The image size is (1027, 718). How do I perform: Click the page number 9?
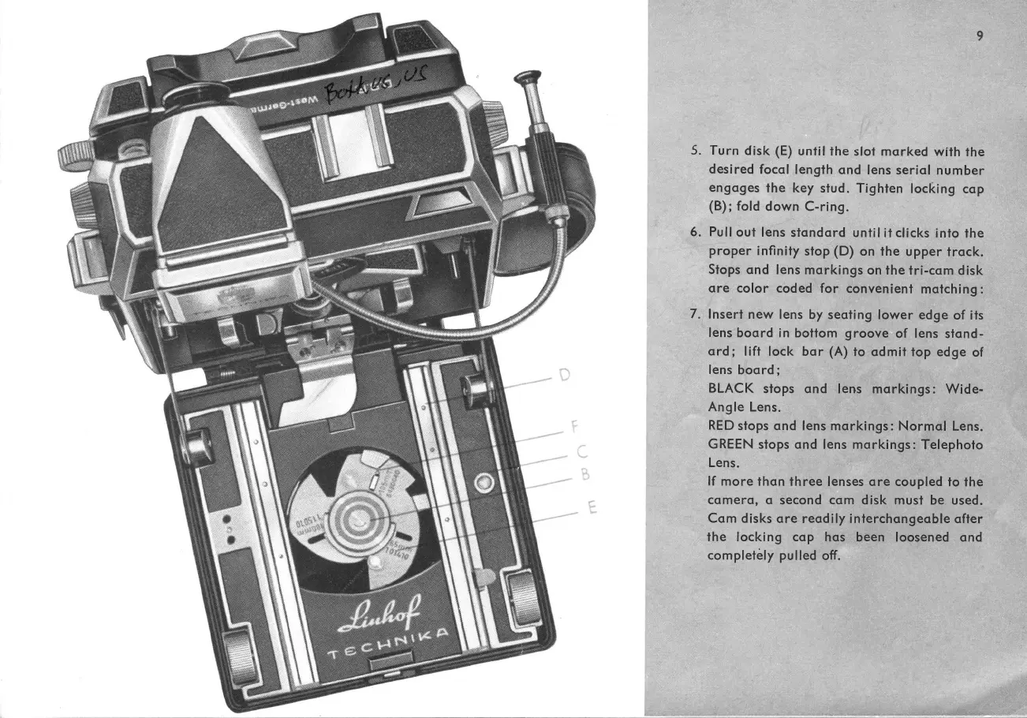pos(979,36)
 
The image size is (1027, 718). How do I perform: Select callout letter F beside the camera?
pos(574,431)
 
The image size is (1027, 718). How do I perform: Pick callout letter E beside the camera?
pos(590,509)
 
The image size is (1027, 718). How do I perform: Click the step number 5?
pos(694,151)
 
